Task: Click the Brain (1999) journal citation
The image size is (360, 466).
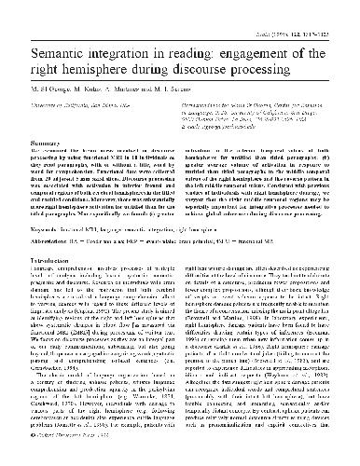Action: (312, 8)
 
